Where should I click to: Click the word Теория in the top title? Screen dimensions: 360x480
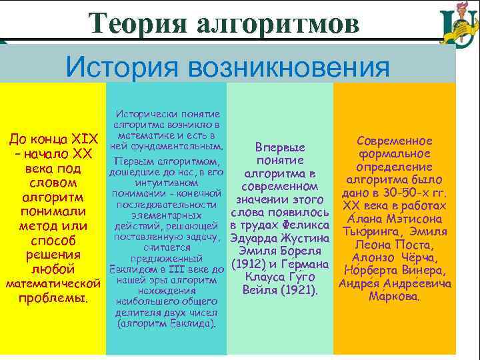point(133,23)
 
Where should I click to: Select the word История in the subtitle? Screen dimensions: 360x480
point(119,67)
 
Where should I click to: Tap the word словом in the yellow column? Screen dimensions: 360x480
point(53,183)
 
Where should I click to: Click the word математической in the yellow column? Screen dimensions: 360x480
point(53,284)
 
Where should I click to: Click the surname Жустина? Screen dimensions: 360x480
point(299,238)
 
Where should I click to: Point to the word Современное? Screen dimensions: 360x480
point(395,141)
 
